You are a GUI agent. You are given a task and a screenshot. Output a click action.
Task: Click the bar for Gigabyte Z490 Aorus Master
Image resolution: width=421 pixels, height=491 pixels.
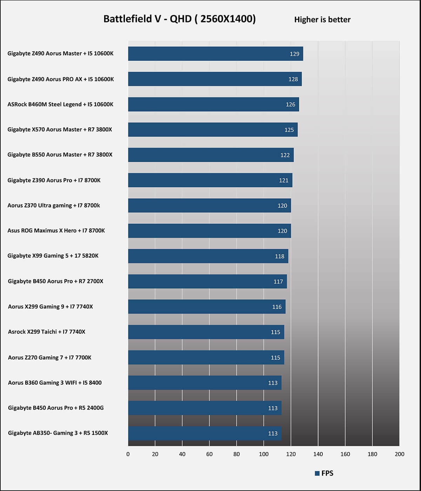(x=215, y=54)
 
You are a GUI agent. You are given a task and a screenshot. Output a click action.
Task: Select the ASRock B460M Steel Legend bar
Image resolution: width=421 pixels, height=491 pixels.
(x=213, y=104)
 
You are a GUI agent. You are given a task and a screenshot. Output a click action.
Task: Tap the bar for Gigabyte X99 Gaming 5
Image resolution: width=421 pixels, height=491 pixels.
(x=208, y=256)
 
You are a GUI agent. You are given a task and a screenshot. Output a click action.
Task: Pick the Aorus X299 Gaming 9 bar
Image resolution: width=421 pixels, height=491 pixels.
(x=207, y=307)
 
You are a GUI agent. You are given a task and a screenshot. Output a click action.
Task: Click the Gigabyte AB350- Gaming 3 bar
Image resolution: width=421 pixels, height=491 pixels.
(x=205, y=433)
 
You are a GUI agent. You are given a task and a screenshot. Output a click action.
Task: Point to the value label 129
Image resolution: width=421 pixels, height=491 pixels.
(x=294, y=54)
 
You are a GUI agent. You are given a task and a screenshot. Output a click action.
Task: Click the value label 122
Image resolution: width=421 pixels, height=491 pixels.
(x=285, y=155)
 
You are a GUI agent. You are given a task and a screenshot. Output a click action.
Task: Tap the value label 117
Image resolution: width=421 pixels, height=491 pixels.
(x=278, y=281)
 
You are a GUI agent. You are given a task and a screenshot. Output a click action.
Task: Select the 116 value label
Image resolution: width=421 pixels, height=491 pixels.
(x=277, y=307)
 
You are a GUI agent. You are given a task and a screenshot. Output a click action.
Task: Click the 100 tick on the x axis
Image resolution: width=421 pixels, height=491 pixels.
(x=264, y=454)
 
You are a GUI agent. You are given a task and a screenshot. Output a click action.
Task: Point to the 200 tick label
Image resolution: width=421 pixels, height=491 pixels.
(x=399, y=454)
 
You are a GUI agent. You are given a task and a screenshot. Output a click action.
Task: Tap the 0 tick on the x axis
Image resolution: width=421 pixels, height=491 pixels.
(x=128, y=454)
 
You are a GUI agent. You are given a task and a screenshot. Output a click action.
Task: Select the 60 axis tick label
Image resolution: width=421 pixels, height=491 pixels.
(x=209, y=454)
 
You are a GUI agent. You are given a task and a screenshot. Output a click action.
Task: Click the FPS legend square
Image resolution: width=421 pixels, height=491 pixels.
(x=317, y=473)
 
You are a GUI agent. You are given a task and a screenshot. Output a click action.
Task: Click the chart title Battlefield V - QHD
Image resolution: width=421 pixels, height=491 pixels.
(x=179, y=19)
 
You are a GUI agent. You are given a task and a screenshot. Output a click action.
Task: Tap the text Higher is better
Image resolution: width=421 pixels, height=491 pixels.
(x=322, y=20)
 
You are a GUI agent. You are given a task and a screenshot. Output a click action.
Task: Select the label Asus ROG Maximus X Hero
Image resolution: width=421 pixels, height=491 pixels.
(x=56, y=231)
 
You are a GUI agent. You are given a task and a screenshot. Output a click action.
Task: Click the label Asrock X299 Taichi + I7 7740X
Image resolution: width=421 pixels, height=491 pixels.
(x=47, y=332)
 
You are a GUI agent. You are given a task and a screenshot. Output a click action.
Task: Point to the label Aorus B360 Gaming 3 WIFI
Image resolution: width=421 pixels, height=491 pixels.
(x=55, y=383)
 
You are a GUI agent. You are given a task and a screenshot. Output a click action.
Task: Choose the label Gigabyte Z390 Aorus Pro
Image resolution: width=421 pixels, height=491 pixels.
(x=54, y=180)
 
